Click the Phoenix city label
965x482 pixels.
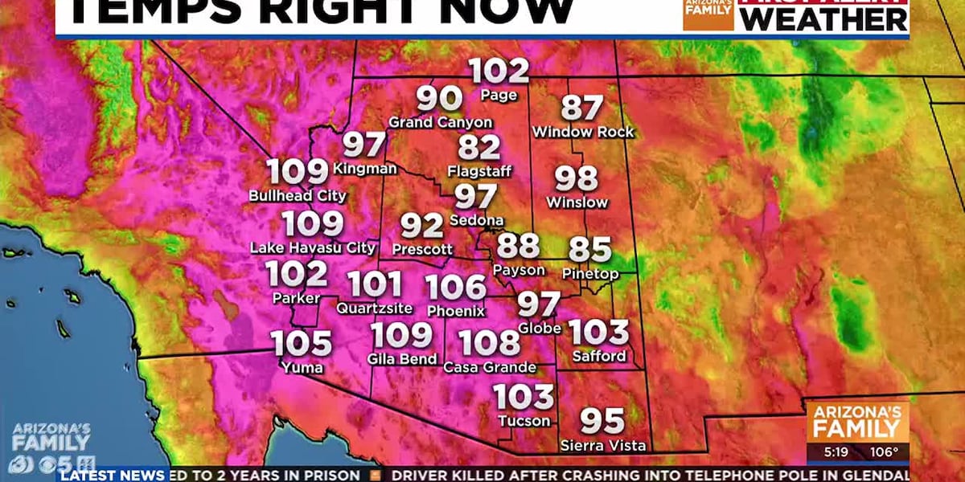(x=456, y=311)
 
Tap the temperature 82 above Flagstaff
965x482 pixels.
(x=479, y=148)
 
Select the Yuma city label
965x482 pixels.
(x=302, y=368)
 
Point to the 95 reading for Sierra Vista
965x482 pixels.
(x=602, y=420)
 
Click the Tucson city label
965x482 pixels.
(x=524, y=421)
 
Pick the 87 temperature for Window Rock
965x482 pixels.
(x=582, y=108)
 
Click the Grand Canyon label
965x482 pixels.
(x=440, y=122)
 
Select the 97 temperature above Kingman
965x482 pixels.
(x=364, y=145)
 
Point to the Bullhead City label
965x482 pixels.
(x=298, y=195)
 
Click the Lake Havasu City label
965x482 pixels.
(x=313, y=248)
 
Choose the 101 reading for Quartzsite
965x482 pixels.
(x=375, y=284)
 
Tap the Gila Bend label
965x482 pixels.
(x=402, y=359)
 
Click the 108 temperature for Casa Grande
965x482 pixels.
(x=490, y=343)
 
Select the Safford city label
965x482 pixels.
(x=598, y=356)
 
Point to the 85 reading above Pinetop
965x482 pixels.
(x=590, y=250)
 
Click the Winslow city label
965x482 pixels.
(x=577, y=202)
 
